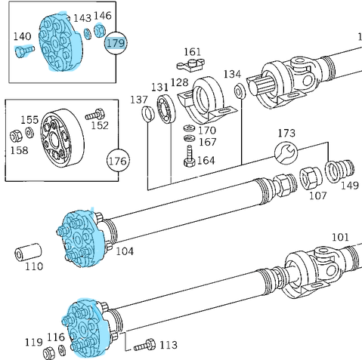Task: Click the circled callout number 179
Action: tap(115, 43)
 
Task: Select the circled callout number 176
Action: tap(117, 161)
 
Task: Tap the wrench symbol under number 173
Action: tap(284, 153)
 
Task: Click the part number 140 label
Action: tap(23, 36)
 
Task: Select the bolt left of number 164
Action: tap(188, 158)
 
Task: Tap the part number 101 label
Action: tap(340, 237)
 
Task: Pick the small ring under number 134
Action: tap(239, 92)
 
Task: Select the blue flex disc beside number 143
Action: tap(60, 42)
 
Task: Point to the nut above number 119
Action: tap(50, 353)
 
